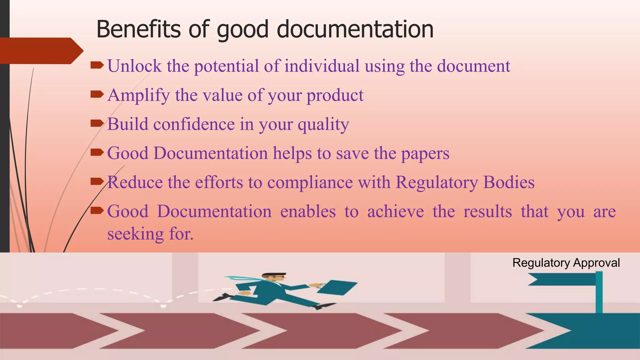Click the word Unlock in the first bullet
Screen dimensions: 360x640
point(135,66)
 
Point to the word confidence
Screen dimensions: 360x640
point(194,124)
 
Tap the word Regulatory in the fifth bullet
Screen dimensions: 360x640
point(437,182)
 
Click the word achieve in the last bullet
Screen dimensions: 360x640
point(395,212)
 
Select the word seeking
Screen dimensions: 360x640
point(135,234)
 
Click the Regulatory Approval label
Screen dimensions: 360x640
point(566,263)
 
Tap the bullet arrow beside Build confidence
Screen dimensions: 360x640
point(97,124)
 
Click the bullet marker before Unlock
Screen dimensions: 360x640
point(97,65)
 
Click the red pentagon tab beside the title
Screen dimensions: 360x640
point(41,51)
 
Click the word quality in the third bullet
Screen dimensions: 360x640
point(323,125)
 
